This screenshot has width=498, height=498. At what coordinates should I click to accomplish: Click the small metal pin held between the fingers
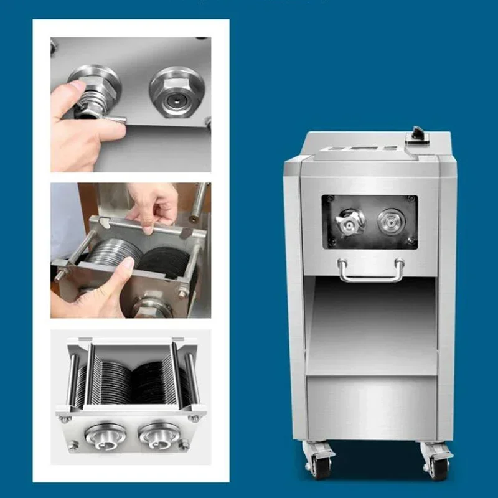115,118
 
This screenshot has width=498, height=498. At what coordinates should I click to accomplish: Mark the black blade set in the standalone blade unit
156,377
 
